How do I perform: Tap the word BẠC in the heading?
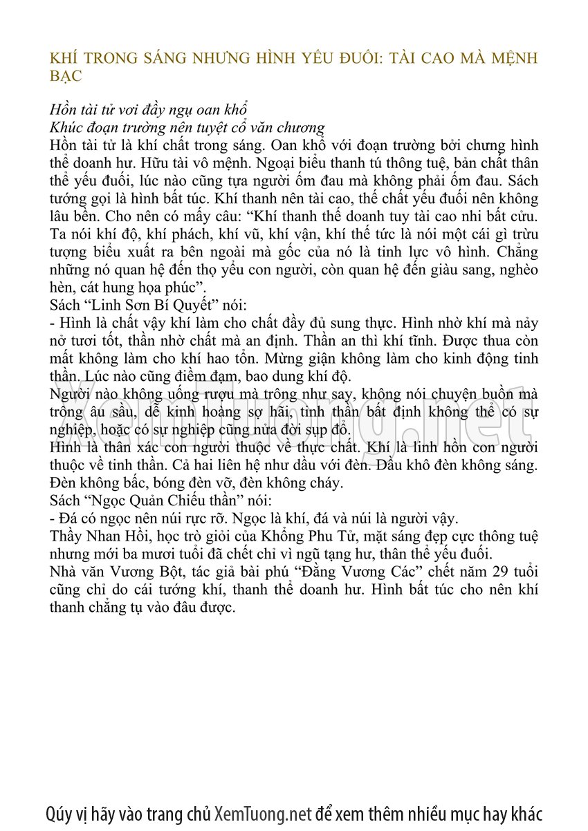(x=66, y=76)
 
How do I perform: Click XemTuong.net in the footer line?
(x=264, y=813)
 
